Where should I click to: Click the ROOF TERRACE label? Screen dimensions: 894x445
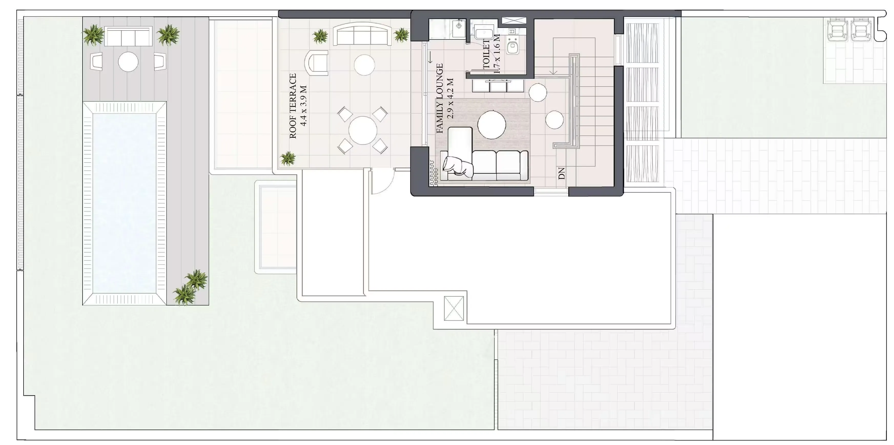click(293, 106)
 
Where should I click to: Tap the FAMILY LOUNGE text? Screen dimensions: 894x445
click(440, 98)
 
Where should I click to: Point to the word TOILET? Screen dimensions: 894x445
click(486, 54)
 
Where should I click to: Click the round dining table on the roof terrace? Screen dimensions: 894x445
click(363, 130)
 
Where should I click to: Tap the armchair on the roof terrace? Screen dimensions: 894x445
click(316, 63)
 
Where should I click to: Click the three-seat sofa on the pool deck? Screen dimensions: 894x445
click(128, 36)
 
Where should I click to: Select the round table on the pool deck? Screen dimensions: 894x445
click(128, 62)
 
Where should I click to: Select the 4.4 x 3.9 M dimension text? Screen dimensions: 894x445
click(304, 106)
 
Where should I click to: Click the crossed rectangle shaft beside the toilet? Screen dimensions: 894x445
click(514, 21)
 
